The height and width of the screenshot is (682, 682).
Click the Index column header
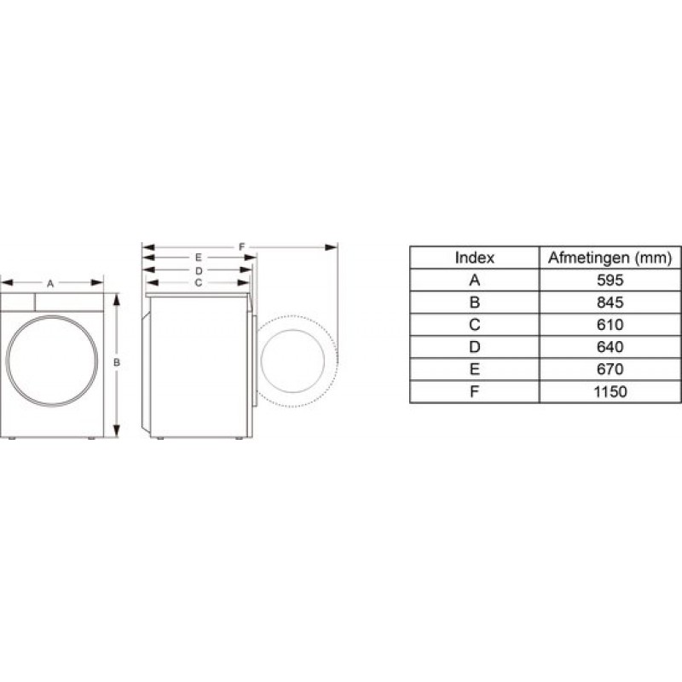point(475,257)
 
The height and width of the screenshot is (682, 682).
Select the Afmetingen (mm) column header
point(610,257)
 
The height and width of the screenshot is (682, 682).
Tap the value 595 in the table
point(610,280)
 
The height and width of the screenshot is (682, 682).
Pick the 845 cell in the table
point(610,302)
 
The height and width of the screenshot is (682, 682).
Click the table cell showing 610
point(610,325)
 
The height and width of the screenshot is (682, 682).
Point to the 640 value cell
point(610,347)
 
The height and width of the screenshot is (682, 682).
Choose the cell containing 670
point(610,369)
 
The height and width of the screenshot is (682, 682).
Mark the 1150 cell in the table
point(610,392)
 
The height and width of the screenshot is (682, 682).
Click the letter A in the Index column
point(475,280)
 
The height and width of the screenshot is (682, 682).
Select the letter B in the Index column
point(475,302)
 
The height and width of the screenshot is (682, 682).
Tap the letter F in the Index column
point(475,392)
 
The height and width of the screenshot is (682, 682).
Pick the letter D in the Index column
point(475,347)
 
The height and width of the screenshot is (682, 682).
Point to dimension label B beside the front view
point(117,363)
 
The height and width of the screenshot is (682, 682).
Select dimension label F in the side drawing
point(242,247)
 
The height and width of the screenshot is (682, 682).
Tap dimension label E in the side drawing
point(198,257)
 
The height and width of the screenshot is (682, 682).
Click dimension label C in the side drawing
point(198,281)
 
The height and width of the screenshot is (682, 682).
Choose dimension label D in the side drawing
point(198,269)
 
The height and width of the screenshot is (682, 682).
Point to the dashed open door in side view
point(298,359)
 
